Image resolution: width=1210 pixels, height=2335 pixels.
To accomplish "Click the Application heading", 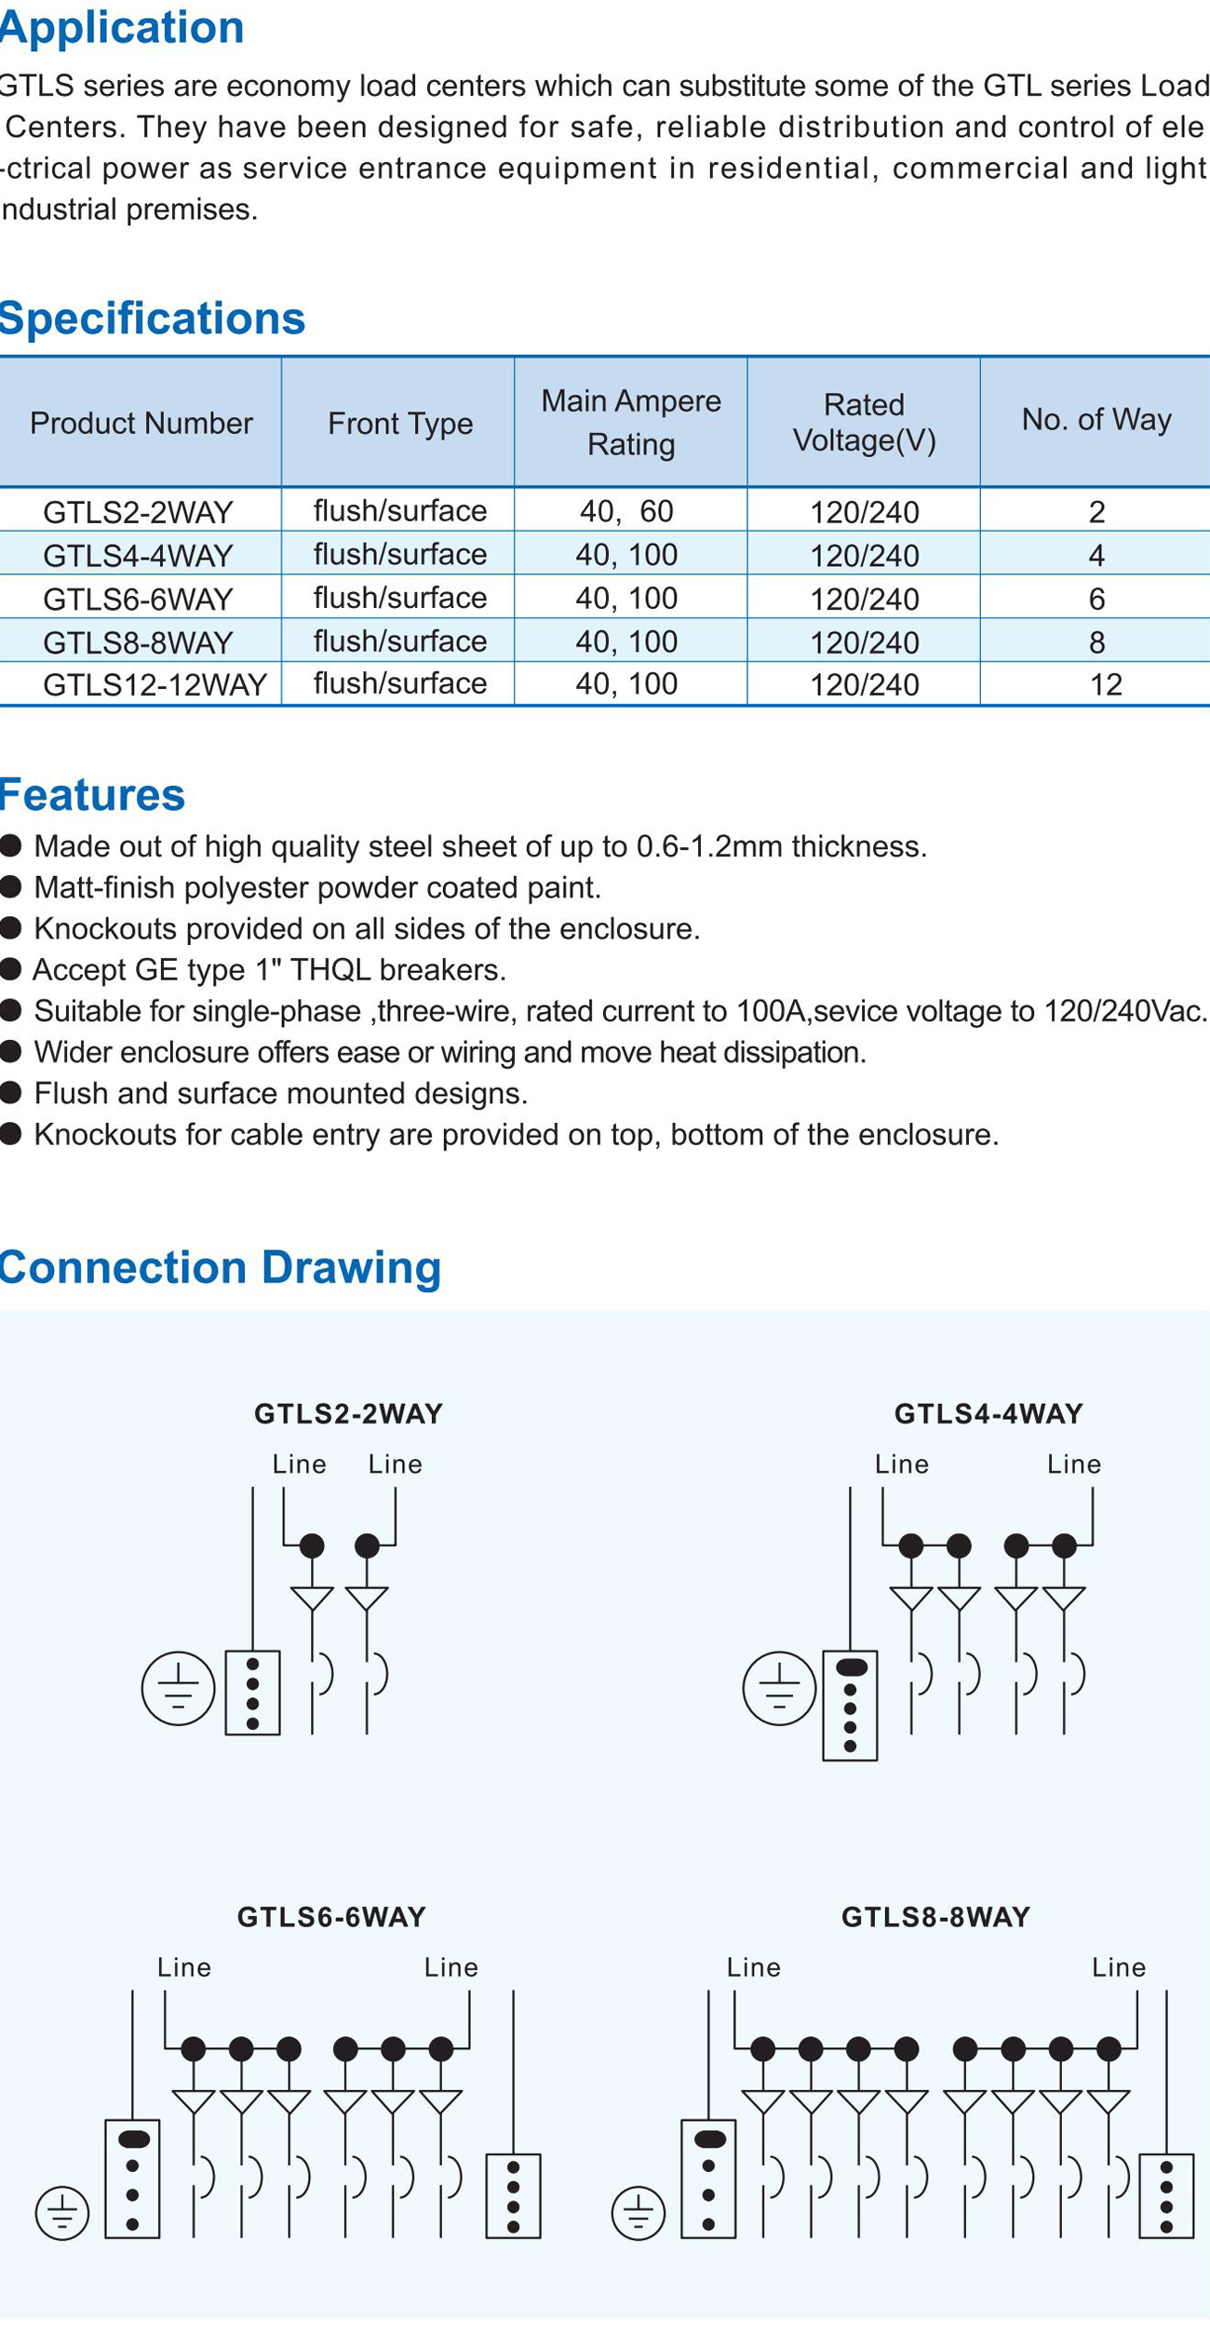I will tap(122, 28).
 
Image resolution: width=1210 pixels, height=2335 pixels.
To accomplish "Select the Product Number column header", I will tap(141, 424).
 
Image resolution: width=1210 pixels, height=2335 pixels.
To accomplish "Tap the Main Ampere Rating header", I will tap(631, 422).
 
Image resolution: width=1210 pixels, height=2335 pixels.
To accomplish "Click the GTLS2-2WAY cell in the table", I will tap(138, 511).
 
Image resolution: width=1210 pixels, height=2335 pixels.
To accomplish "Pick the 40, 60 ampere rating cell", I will tap(626, 510).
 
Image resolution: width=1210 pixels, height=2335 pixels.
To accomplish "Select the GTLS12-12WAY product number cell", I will tap(155, 684).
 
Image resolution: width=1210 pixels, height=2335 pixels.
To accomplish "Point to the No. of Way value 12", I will tap(1106, 684).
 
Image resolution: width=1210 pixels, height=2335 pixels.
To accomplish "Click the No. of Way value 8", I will tap(1096, 641).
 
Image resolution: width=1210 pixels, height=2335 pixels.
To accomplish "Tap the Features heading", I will tap(93, 794).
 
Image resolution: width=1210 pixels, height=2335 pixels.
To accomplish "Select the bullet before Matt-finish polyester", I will tap(11, 887).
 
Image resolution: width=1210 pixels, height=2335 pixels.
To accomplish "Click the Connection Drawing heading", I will tap(221, 1267).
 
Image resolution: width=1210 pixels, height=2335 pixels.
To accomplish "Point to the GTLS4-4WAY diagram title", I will tap(988, 1413).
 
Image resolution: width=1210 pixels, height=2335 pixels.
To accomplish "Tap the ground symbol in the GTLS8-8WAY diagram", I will tap(639, 2213).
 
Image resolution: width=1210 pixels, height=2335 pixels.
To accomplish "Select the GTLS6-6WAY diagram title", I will tap(331, 1917).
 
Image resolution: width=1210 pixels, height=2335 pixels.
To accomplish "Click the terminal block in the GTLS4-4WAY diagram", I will tap(850, 1706).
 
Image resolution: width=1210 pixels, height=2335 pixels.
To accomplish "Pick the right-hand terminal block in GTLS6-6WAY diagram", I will tap(513, 2195).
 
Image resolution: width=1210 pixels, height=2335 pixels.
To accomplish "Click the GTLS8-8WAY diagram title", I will tap(935, 1917).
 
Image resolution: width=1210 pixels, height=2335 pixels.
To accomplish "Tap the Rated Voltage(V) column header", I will tap(864, 422).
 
